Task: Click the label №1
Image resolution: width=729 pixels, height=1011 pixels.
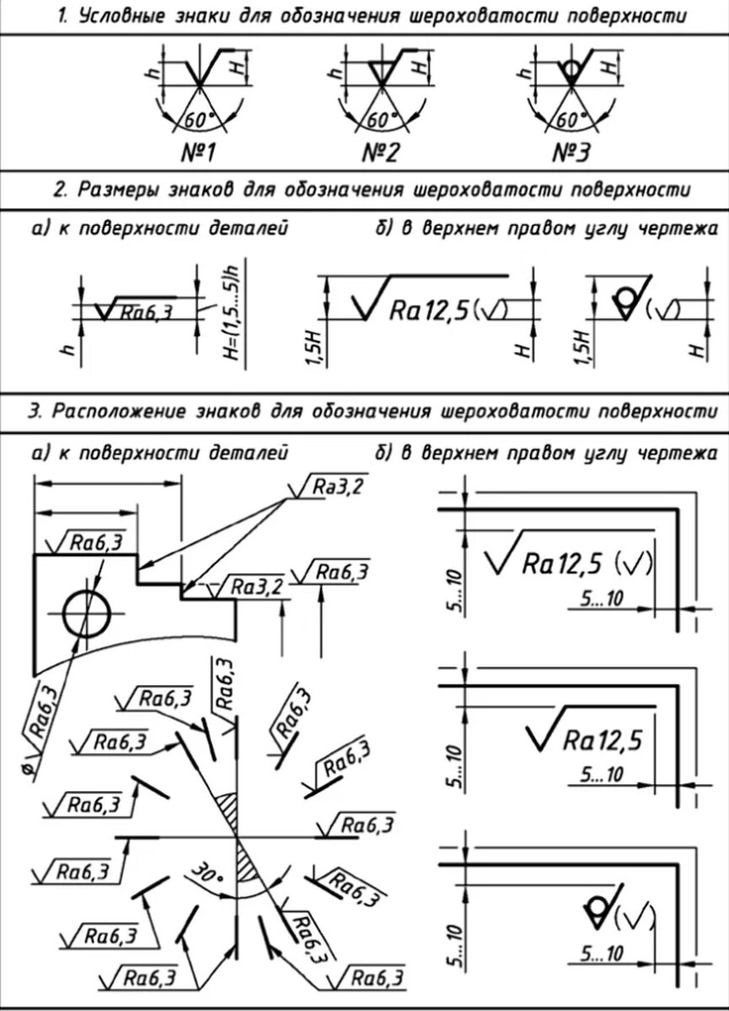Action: pyautogui.click(x=196, y=152)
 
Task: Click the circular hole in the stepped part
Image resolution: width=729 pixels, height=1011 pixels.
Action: pyautogui.click(x=86, y=612)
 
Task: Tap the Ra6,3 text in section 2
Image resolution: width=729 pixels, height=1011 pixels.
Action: pyautogui.click(x=146, y=313)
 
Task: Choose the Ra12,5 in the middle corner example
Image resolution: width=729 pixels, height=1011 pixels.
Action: pyautogui.click(x=602, y=741)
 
